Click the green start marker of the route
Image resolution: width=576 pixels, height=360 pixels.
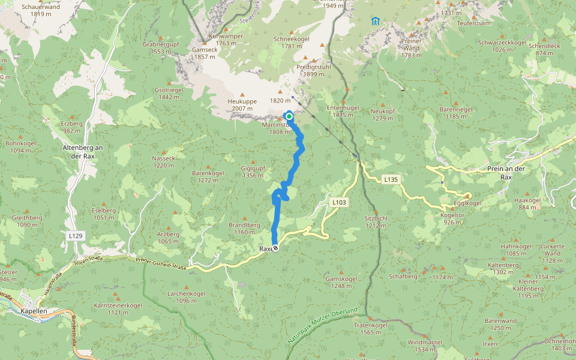[x=289, y=116]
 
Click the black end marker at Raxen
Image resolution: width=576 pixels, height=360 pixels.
[x=275, y=248]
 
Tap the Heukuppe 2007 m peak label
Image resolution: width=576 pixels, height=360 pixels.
[x=242, y=105]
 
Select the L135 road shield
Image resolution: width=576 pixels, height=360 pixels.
[x=391, y=179]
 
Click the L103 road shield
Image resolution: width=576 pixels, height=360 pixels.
[x=339, y=203]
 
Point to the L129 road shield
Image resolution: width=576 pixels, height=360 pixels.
[x=76, y=236]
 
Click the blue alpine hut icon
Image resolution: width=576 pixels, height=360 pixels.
[x=375, y=21]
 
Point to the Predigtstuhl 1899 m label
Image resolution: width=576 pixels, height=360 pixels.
[x=314, y=71]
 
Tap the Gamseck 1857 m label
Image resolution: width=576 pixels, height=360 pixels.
[x=205, y=53]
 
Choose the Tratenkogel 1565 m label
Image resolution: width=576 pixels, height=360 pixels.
[x=370, y=329]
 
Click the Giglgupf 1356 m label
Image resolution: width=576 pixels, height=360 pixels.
[x=252, y=172]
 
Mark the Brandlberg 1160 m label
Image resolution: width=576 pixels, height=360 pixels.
[x=244, y=229]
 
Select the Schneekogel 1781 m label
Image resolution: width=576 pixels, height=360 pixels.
[x=291, y=42]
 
